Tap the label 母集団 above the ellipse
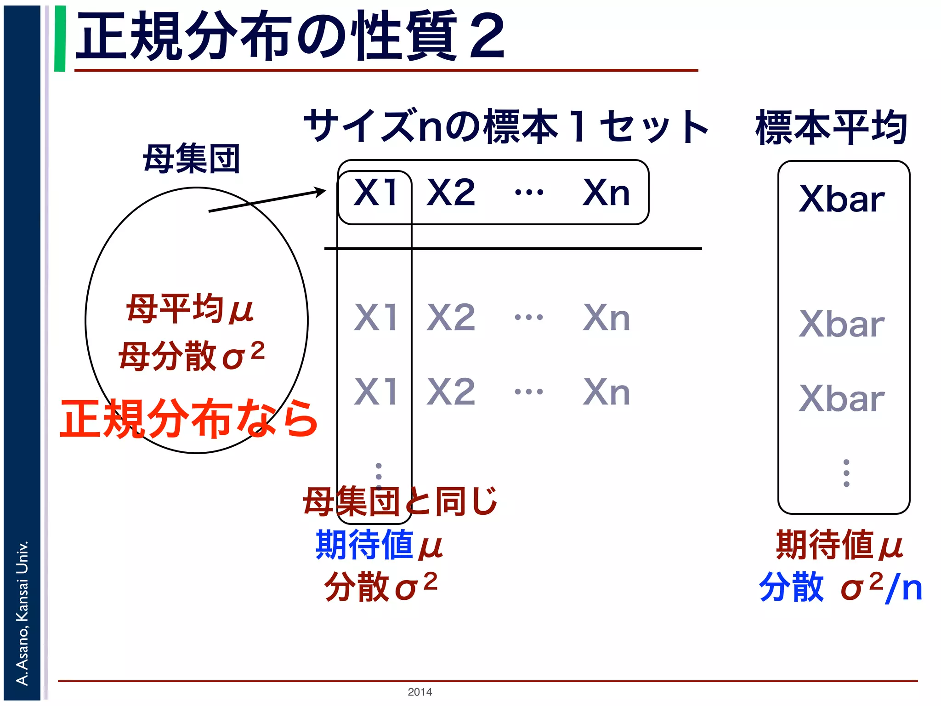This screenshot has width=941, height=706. [x=192, y=159]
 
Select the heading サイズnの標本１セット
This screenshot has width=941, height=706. [x=505, y=126]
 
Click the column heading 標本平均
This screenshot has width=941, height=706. [x=832, y=127]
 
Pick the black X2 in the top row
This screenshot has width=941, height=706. [x=451, y=193]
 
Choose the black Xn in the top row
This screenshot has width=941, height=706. [x=606, y=193]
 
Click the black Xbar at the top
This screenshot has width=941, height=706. [x=842, y=199]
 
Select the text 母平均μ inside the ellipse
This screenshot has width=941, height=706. [x=190, y=309]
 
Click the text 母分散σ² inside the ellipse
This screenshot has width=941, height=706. [x=192, y=355]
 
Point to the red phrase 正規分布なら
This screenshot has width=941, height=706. [x=189, y=418]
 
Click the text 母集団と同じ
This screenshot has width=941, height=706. [x=400, y=501]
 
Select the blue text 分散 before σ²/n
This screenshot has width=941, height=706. [x=791, y=587]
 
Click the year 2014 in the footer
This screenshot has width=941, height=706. [x=419, y=692]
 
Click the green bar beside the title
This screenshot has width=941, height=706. [x=60, y=39]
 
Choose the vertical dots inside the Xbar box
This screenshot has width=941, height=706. [x=846, y=473]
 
